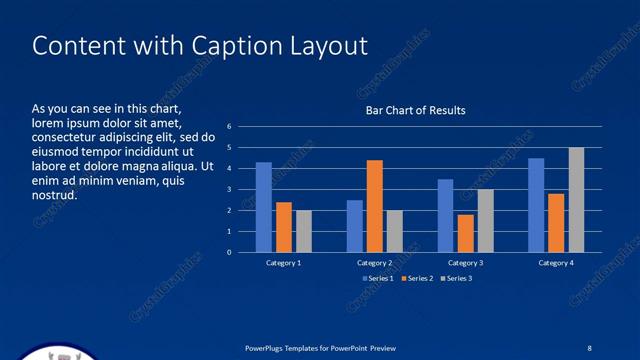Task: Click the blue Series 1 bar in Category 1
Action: [264, 207]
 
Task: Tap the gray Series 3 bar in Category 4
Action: [577, 200]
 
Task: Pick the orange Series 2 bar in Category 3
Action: [466, 233]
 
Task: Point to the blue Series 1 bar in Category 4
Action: [537, 205]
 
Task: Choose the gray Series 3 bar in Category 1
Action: [304, 231]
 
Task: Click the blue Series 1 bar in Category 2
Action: [355, 226]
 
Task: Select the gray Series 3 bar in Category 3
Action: [486, 221]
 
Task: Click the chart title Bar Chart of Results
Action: [414, 110]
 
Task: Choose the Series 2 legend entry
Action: [417, 278]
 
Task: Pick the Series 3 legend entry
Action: [455, 278]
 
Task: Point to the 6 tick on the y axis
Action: [229, 127]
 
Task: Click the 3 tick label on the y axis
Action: [229, 190]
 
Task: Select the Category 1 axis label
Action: [284, 263]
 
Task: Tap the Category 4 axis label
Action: [557, 263]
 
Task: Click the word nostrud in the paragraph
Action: [55, 195]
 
